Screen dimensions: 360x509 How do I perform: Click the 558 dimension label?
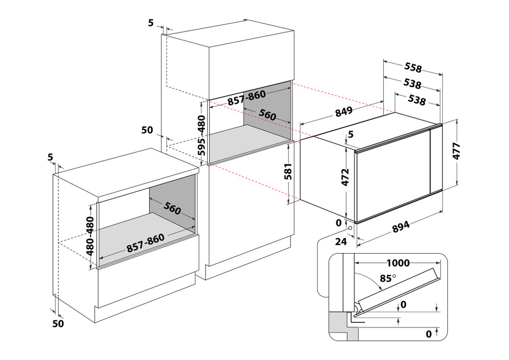pos(413,67)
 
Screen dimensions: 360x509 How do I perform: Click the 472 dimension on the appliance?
pos(345,177)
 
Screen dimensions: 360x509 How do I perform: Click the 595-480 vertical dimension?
pos(202,135)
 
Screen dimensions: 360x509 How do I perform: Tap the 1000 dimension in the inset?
pos(398,263)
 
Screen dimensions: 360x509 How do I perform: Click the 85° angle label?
pos(388,279)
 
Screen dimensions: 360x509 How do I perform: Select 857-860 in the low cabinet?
pos(145,244)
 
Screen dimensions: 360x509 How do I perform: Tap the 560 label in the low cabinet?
pos(173,209)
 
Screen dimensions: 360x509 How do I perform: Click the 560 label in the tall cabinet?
pos(267,115)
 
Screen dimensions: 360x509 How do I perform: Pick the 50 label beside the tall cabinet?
pos(147,130)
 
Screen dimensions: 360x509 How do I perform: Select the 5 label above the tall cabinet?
pos(150,22)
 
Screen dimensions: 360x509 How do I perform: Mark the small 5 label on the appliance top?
pos(350,134)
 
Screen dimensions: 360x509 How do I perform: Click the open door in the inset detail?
pos(397,288)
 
